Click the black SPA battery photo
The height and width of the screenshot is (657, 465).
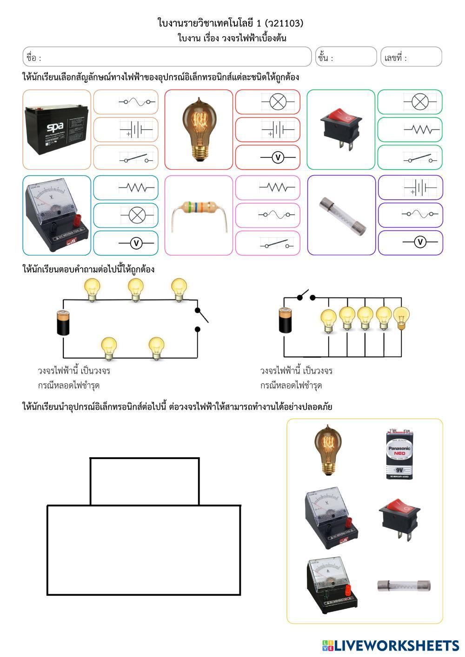[56, 130]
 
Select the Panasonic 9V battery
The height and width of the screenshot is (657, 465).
[399, 454]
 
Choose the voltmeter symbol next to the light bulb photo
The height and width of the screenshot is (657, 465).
[278, 158]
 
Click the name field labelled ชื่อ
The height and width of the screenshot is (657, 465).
[167, 57]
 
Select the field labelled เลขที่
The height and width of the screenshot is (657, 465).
[411, 57]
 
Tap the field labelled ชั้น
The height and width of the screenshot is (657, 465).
[346, 57]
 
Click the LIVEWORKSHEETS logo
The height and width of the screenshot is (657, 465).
[390, 645]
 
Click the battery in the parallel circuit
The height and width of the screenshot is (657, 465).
[285, 320]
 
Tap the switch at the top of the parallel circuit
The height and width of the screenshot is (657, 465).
[306, 296]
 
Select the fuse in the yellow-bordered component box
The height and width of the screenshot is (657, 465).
[403, 585]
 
